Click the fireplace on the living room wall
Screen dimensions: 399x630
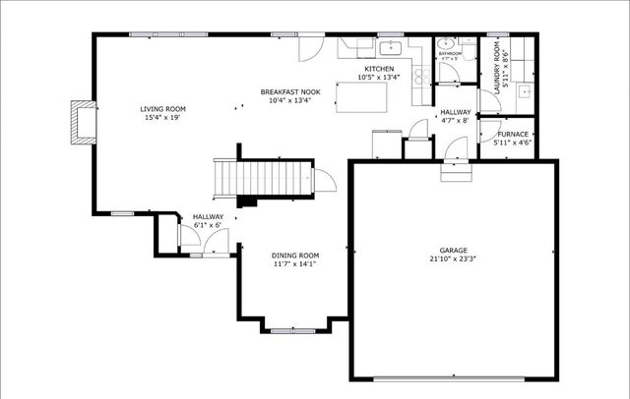tap(84, 122)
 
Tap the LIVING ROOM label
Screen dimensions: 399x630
tap(162, 109)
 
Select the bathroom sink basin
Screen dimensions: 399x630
tap(445, 44)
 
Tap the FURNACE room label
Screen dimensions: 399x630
tap(512, 134)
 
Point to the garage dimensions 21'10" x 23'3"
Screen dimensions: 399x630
tap(454, 259)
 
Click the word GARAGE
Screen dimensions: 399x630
tap(454, 250)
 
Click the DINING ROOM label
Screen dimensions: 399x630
tap(295, 255)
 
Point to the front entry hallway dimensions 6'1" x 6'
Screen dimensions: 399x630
tap(208, 225)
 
